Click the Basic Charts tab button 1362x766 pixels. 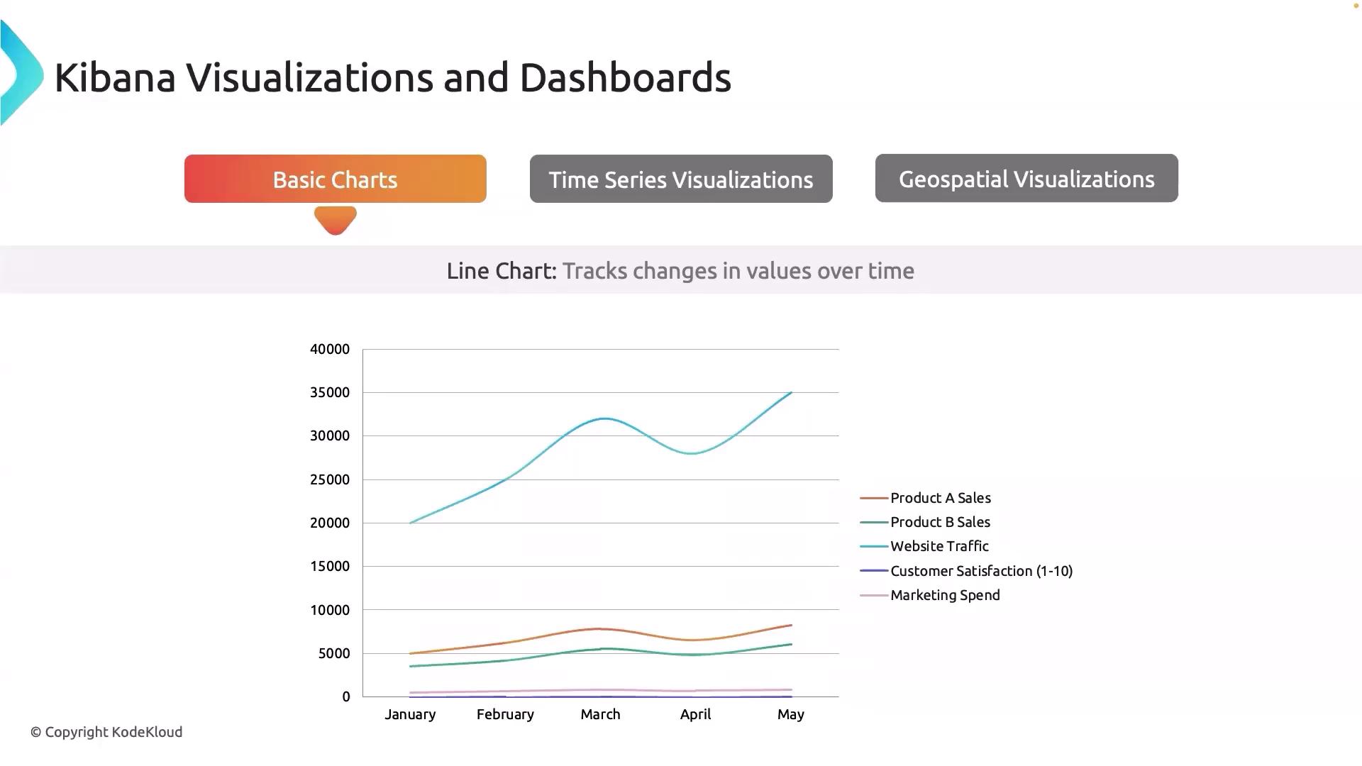(335, 179)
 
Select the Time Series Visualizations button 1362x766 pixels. (681, 179)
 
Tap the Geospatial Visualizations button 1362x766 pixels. (1026, 179)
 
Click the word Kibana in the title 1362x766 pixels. (115, 77)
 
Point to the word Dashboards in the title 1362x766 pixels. (625, 77)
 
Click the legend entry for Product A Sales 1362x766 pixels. (940, 498)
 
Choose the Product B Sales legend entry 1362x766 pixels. (940, 522)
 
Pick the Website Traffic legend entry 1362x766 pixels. (939, 546)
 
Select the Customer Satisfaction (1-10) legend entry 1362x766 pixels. (981, 571)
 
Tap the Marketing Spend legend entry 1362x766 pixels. (945, 595)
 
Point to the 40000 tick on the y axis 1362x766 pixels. (330, 349)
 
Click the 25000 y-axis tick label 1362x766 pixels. (330, 479)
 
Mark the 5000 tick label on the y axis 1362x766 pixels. (334, 653)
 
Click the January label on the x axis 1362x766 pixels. (410, 714)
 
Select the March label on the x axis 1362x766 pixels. (600, 714)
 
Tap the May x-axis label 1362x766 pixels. (790, 714)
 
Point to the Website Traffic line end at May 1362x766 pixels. (790, 393)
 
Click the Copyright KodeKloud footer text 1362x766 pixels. (106, 732)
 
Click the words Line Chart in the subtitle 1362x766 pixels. (501, 271)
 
